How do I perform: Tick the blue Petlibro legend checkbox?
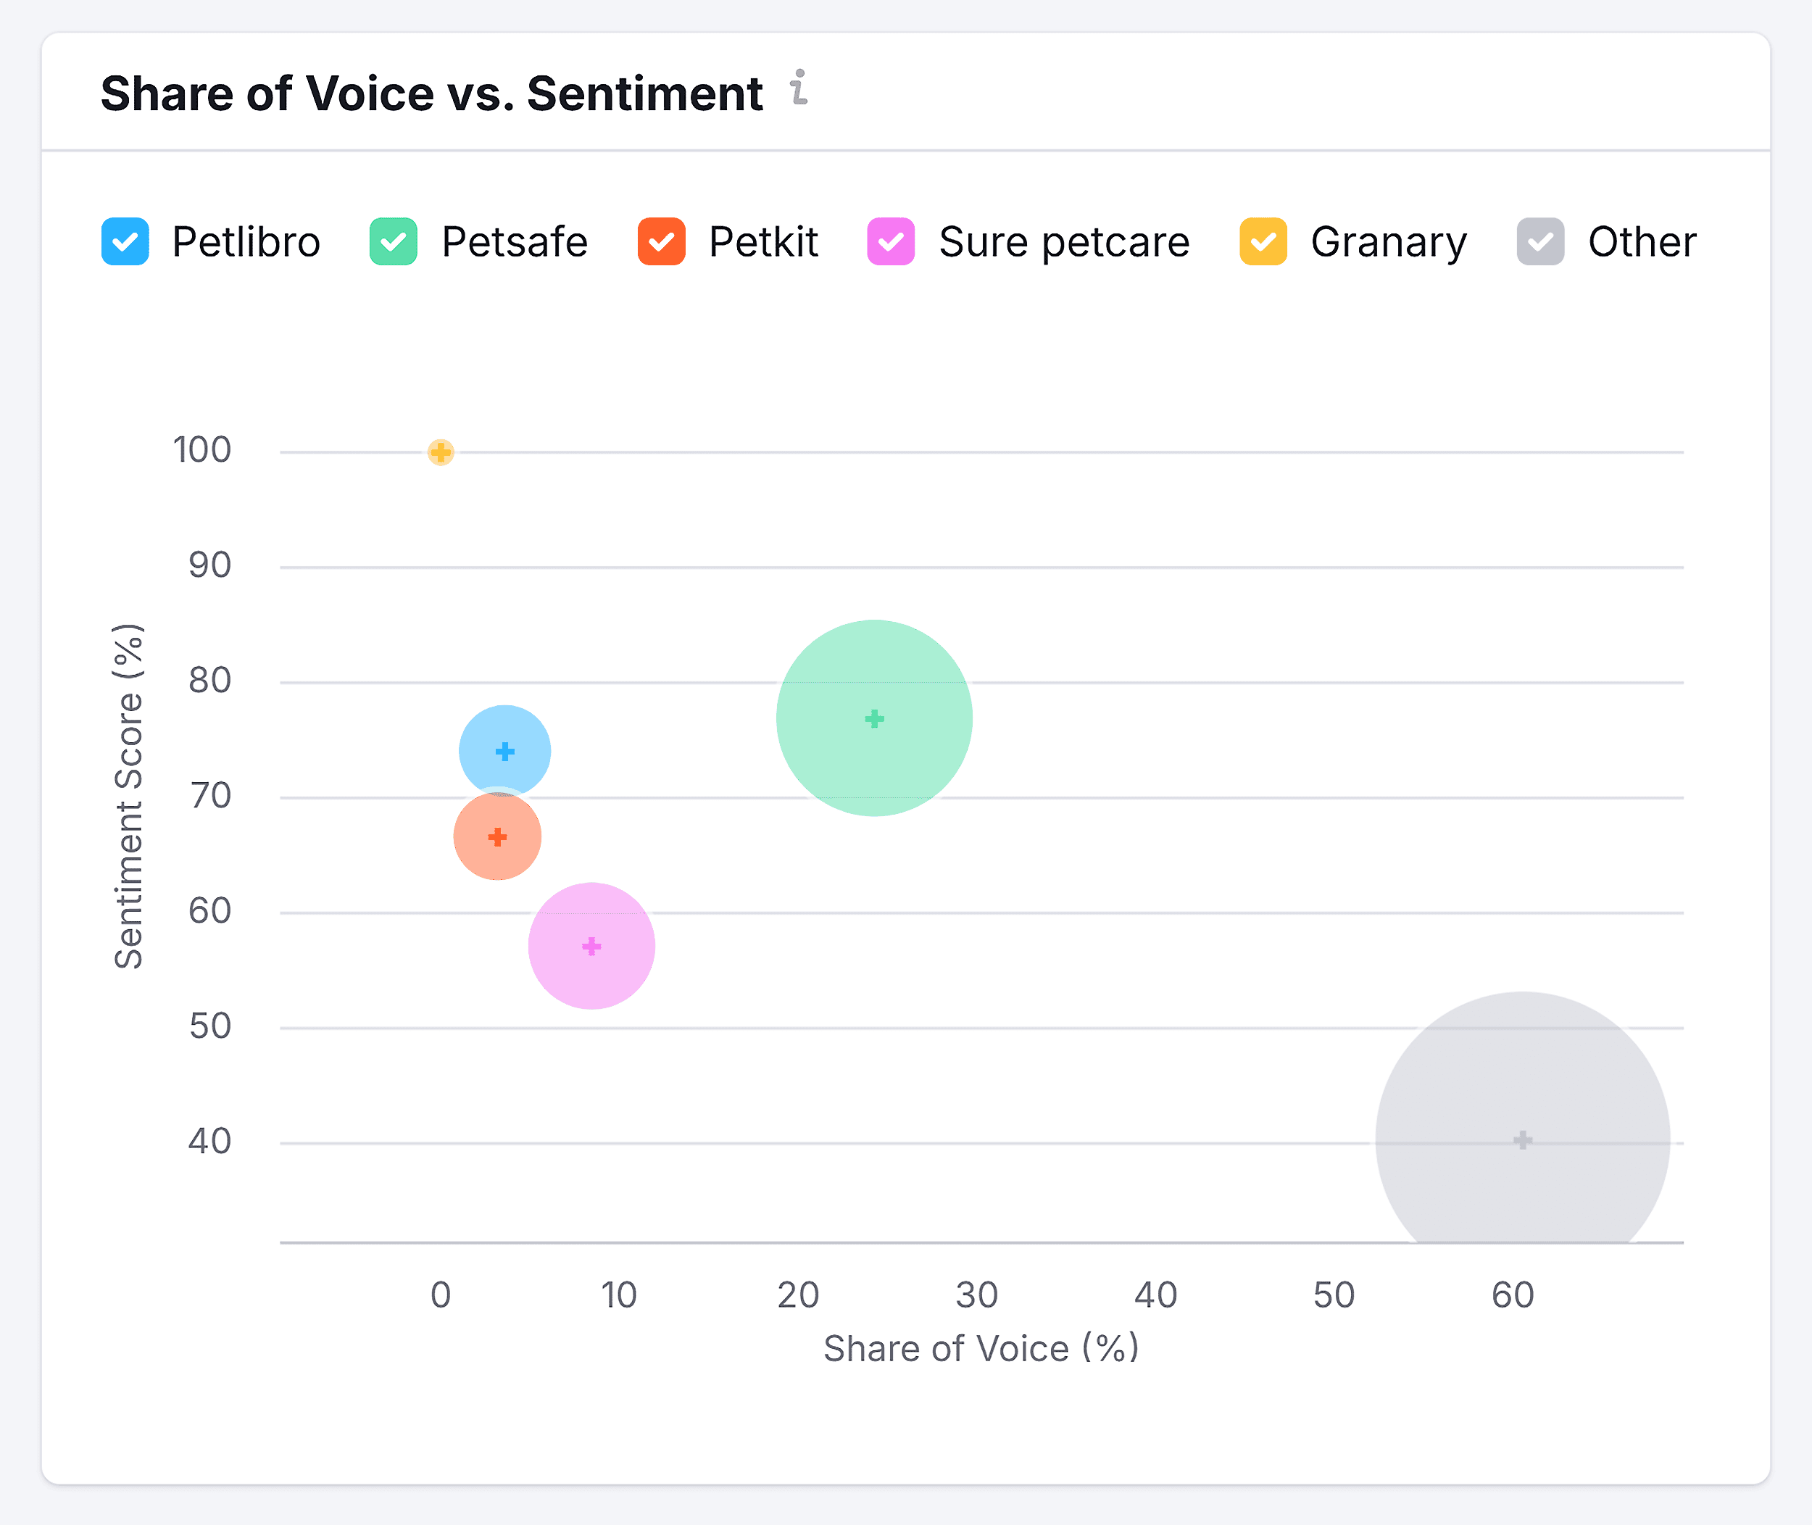point(125,241)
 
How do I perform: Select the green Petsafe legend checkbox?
point(394,241)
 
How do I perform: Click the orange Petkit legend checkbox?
point(661,241)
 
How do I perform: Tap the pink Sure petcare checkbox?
point(891,241)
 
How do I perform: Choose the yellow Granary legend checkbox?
point(1263,241)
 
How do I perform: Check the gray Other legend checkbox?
point(1540,241)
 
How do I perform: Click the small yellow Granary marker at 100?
point(441,452)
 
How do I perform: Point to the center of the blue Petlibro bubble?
point(505,751)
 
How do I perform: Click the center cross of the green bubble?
point(874,718)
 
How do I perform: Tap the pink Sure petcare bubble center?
point(591,946)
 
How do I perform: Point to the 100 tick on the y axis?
point(202,450)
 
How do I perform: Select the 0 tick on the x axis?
point(441,1295)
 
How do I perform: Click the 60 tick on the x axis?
point(1513,1295)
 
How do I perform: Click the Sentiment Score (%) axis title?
point(129,795)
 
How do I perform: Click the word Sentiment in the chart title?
point(644,94)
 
